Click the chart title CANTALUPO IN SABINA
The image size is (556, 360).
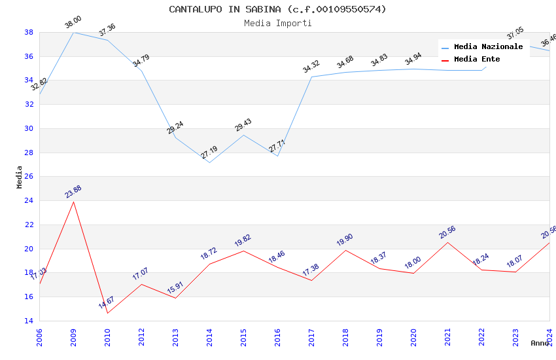tap(277, 9)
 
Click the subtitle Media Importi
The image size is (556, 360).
tap(277, 23)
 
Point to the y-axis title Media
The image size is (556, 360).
tap(20, 177)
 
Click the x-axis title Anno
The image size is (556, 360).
tap(540, 343)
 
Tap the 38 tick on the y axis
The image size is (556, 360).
tap(29, 32)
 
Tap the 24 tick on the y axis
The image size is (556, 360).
tap(29, 201)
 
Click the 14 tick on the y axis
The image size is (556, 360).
tap(29, 321)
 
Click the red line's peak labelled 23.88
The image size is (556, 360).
tap(73, 201)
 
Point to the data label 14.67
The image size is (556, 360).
tap(107, 302)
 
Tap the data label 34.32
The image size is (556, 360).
tap(311, 67)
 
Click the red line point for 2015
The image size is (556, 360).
tap(243, 251)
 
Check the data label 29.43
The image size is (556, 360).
tap(243, 125)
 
